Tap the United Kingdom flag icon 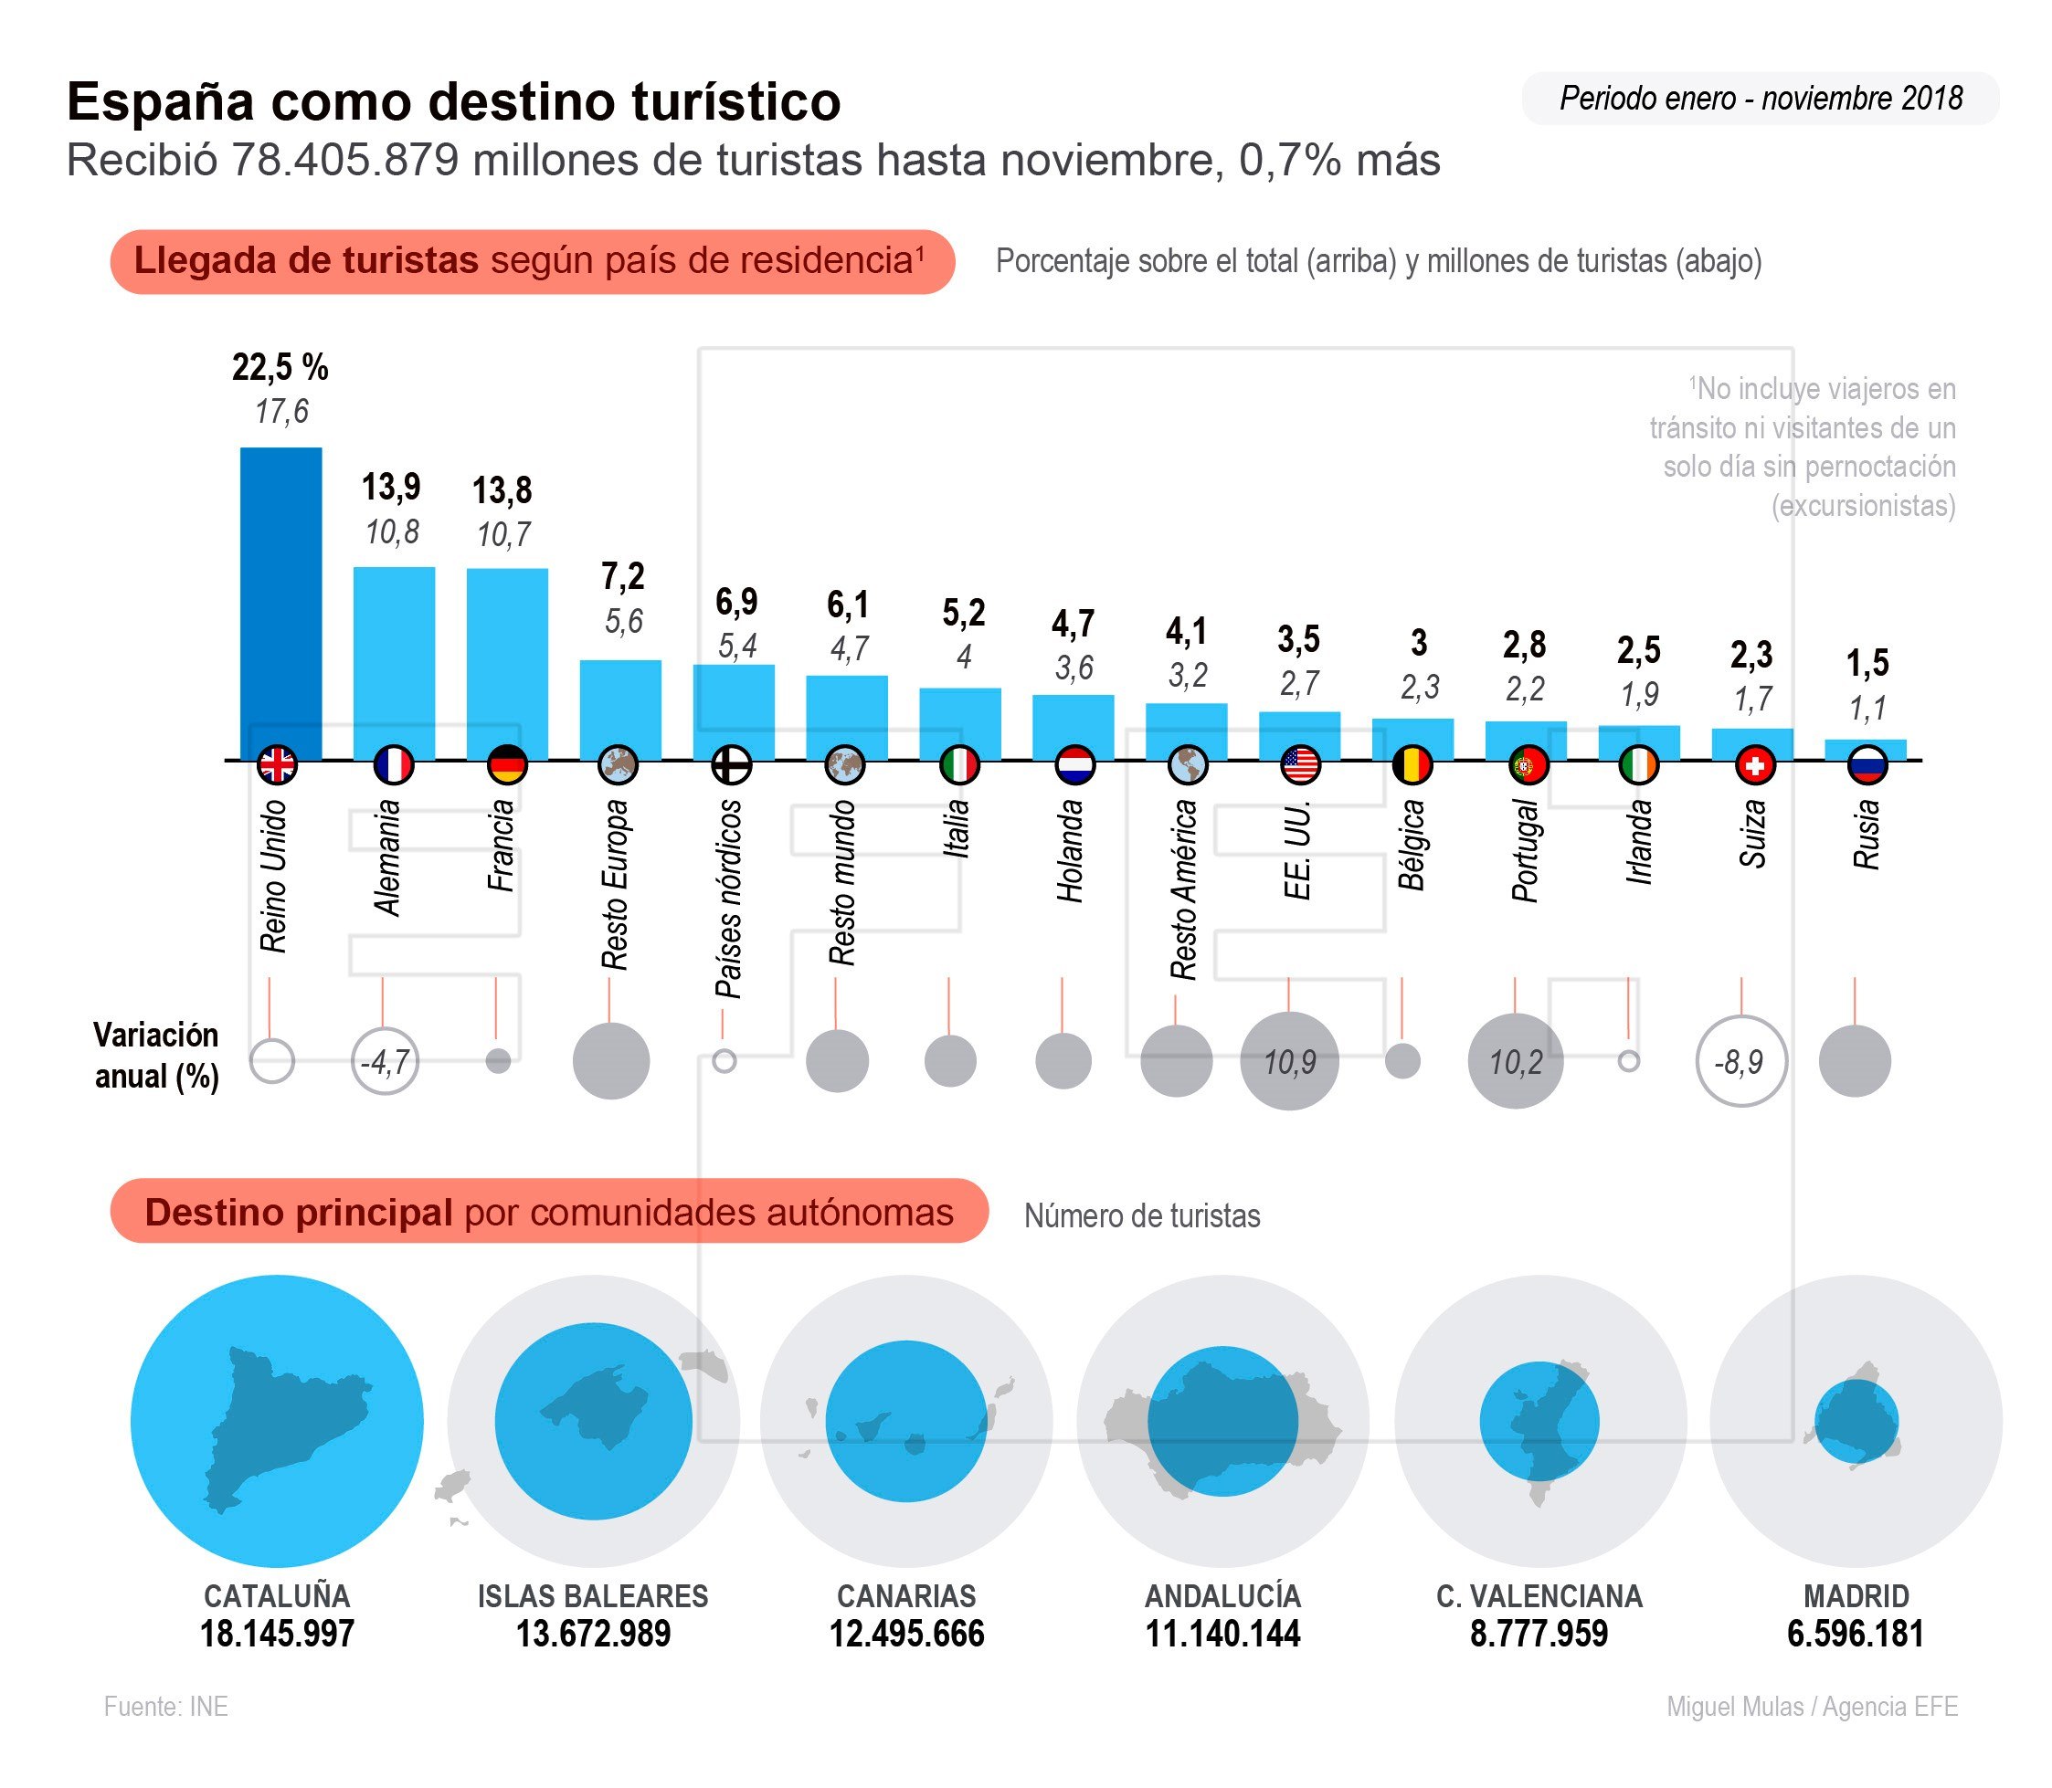point(277,765)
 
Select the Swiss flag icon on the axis point(1753,765)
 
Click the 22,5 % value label point(280,367)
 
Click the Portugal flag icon point(1527,765)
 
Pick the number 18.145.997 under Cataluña point(277,1635)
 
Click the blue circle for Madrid point(1856,1422)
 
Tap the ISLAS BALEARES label point(593,1596)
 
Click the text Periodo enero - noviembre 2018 point(1761,99)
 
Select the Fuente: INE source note point(165,1706)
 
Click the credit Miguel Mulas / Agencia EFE point(1812,1706)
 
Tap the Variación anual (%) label point(157,1056)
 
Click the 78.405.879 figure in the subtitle point(345,160)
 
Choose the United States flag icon point(1300,765)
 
